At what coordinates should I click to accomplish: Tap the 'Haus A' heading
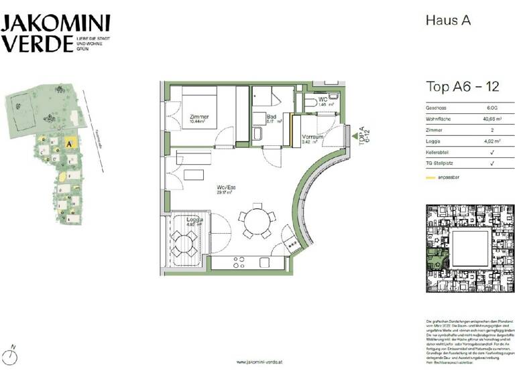click(448, 20)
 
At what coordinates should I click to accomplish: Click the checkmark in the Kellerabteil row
click(492, 152)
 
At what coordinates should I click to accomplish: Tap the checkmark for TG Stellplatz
click(492, 163)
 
